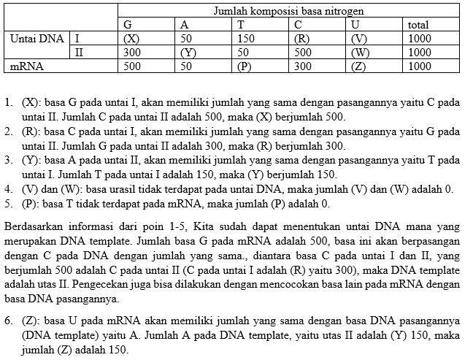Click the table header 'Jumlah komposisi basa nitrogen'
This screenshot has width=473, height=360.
click(288, 11)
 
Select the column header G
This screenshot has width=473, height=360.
click(128, 24)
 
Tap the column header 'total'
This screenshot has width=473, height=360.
click(418, 24)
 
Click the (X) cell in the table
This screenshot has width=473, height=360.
click(132, 38)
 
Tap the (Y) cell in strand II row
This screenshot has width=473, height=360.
click(189, 52)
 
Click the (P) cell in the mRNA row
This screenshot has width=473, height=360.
click(246, 66)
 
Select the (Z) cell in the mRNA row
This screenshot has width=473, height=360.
click(360, 66)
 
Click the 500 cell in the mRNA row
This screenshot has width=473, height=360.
click(132, 66)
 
